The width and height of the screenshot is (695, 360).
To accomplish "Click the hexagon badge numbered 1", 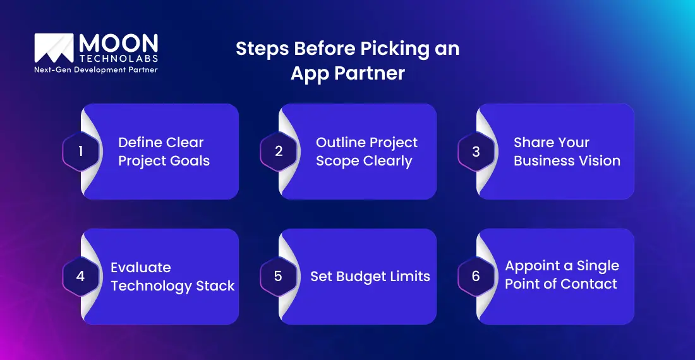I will pyautogui.click(x=80, y=152).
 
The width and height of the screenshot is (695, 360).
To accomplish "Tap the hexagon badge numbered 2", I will pyautogui.click(x=278, y=152).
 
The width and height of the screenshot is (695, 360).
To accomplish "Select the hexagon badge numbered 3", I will pyautogui.click(x=476, y=152).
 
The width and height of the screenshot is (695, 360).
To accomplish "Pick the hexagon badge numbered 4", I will pyautogui.click(x=80, y=277).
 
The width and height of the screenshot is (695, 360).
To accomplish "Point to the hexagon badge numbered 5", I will pyautogui.click(x=278, y=277).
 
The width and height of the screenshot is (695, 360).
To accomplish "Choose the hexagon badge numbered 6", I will pyautogui.click(x=476, y=277).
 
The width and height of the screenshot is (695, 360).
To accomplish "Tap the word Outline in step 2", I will pyautogui.click(x=342, y=143).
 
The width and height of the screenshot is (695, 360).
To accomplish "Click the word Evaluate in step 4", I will pyautogui.click(x=141, y=267).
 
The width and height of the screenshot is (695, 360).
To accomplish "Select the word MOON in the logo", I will pyautogui.click(x=118, y=43).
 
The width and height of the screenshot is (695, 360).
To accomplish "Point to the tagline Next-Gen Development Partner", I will pyautogui.click(x=95, y=69).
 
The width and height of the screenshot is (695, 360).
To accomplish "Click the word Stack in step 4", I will pyautogui.click(x=215, y=286).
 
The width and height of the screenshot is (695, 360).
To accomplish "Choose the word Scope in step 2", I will pyautogui.click(x=337, y=161).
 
